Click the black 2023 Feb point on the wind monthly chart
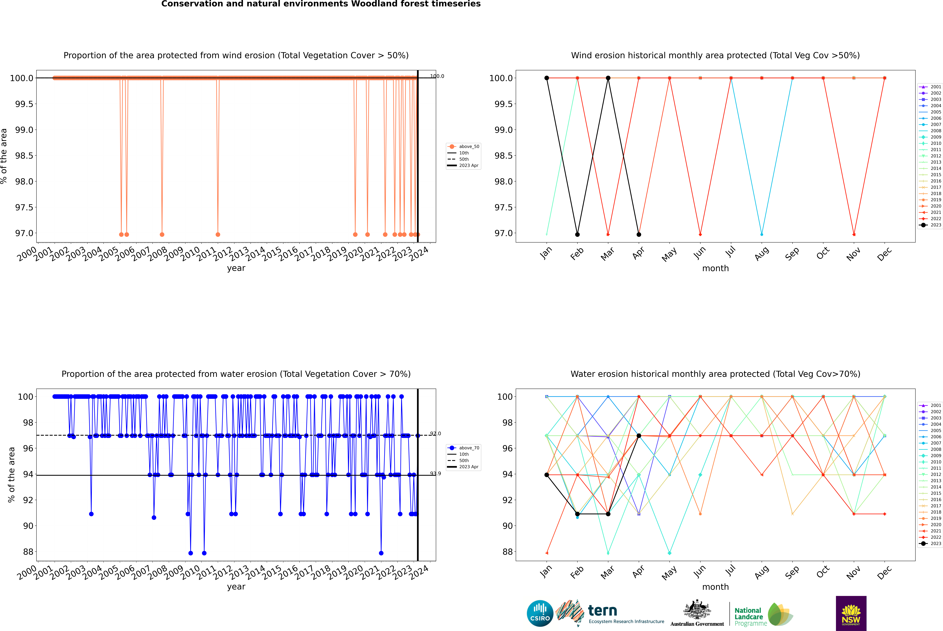[577, 234]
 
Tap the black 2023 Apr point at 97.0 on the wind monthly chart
[639, 234]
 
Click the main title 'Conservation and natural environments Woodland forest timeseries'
[321, 4]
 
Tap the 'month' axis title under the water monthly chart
[715, 587]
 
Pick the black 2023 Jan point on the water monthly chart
[547, 475]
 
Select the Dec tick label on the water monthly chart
[884, 572]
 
